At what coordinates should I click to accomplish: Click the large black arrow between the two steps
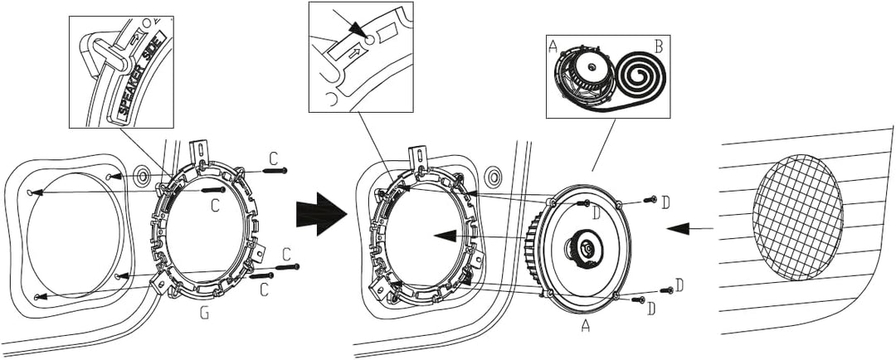pos(320,215)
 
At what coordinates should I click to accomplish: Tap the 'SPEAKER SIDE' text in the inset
pos(142,74)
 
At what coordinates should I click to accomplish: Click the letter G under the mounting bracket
pos(204,314)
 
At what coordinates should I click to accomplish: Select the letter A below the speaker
pos(585,327)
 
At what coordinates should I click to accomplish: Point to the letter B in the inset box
pos(658,46)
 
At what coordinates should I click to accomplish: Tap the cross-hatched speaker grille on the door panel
pos(797,205)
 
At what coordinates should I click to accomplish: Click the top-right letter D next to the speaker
pos(665,202)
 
